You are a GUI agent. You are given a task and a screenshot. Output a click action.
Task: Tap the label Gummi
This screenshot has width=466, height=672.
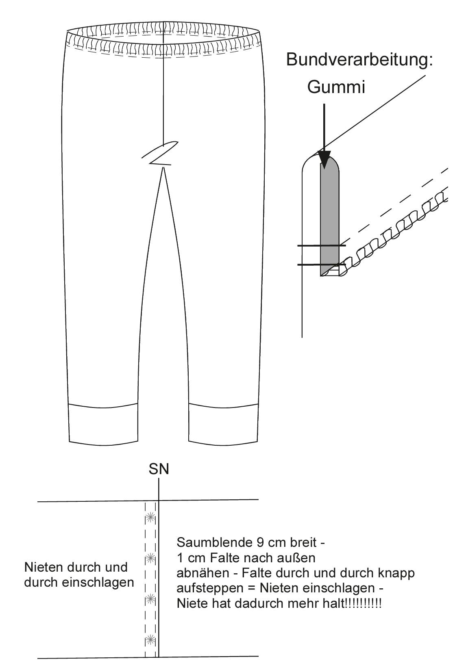[336, 87]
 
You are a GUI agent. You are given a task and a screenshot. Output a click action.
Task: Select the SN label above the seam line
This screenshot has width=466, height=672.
[159, 469]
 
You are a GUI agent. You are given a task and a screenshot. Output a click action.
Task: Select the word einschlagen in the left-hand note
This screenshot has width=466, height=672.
[98, 582]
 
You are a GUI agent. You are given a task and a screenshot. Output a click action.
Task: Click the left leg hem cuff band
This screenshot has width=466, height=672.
[104, 423]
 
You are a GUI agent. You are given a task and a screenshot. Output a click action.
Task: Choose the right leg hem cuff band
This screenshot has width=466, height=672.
[224, 423]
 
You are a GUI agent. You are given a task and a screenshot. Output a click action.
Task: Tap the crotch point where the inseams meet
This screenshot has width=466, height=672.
[163, 168]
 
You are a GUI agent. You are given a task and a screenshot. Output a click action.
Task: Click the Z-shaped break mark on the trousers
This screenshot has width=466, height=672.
[160, 153]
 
